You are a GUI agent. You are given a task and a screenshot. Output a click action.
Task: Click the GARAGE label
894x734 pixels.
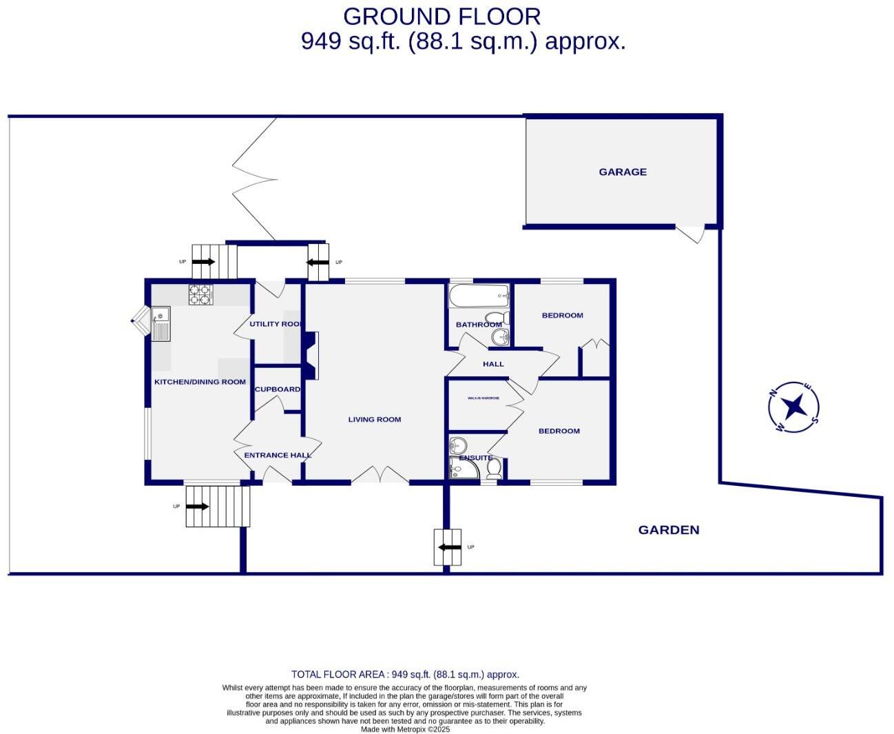click(622, 172)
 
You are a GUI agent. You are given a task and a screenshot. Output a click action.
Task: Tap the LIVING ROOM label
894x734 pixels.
click(374, 419)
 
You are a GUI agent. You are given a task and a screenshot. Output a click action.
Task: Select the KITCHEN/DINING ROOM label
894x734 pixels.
click(200, 381)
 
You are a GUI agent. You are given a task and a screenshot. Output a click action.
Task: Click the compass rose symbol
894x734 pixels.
click(793, 407)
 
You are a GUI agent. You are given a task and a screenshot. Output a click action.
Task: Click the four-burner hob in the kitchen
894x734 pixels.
click(200, 295)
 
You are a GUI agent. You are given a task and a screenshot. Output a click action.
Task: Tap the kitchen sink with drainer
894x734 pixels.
click(160, 325)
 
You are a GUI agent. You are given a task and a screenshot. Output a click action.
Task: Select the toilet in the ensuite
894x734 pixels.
click(494, 469)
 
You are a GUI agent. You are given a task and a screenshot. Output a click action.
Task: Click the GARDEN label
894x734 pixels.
click(668, 529)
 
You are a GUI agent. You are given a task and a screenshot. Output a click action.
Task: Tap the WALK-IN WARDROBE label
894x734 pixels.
click(484, 398)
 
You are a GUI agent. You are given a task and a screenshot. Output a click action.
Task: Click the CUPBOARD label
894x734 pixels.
click(278, 389)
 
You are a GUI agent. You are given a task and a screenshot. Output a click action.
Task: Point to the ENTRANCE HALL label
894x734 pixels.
click(278, 455)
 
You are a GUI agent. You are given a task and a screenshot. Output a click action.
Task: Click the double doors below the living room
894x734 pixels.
click(380, 474)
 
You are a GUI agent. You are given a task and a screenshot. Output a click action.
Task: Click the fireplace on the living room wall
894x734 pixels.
click(311, 356)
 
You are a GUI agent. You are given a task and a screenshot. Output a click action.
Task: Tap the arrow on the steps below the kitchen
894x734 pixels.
click(197, 507)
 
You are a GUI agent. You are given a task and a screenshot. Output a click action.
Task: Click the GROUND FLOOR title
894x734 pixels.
click(441, 16)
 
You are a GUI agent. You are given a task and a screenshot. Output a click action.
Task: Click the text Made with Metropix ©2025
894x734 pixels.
click(405, 729)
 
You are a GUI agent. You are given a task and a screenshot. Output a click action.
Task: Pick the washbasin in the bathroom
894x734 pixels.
click(499, 337)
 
